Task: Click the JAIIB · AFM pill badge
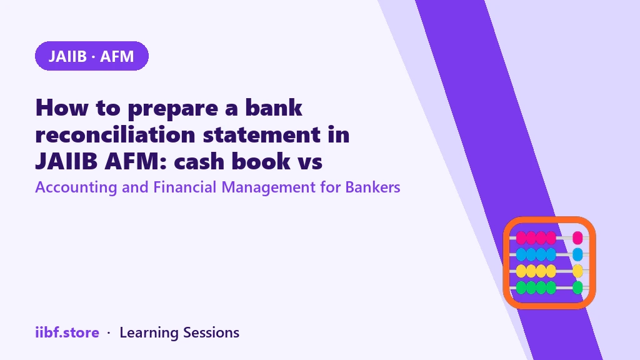[92, 56]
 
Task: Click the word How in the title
[62, 107]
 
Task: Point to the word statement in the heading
[262, 135]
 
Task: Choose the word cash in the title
[199, 161]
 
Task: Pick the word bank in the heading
[274, 107]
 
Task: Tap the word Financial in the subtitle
[184, 187]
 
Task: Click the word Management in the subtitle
[268, 187]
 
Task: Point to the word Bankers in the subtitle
[372, 187]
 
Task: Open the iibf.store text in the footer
[67, 332]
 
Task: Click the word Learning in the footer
[149, 332]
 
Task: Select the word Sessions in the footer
[211, 332]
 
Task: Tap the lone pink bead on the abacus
[577, 237]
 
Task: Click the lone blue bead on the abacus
[577, 254]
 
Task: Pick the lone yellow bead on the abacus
[577, 271]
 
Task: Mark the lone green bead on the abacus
[577, 287]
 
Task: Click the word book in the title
[261, 161]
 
